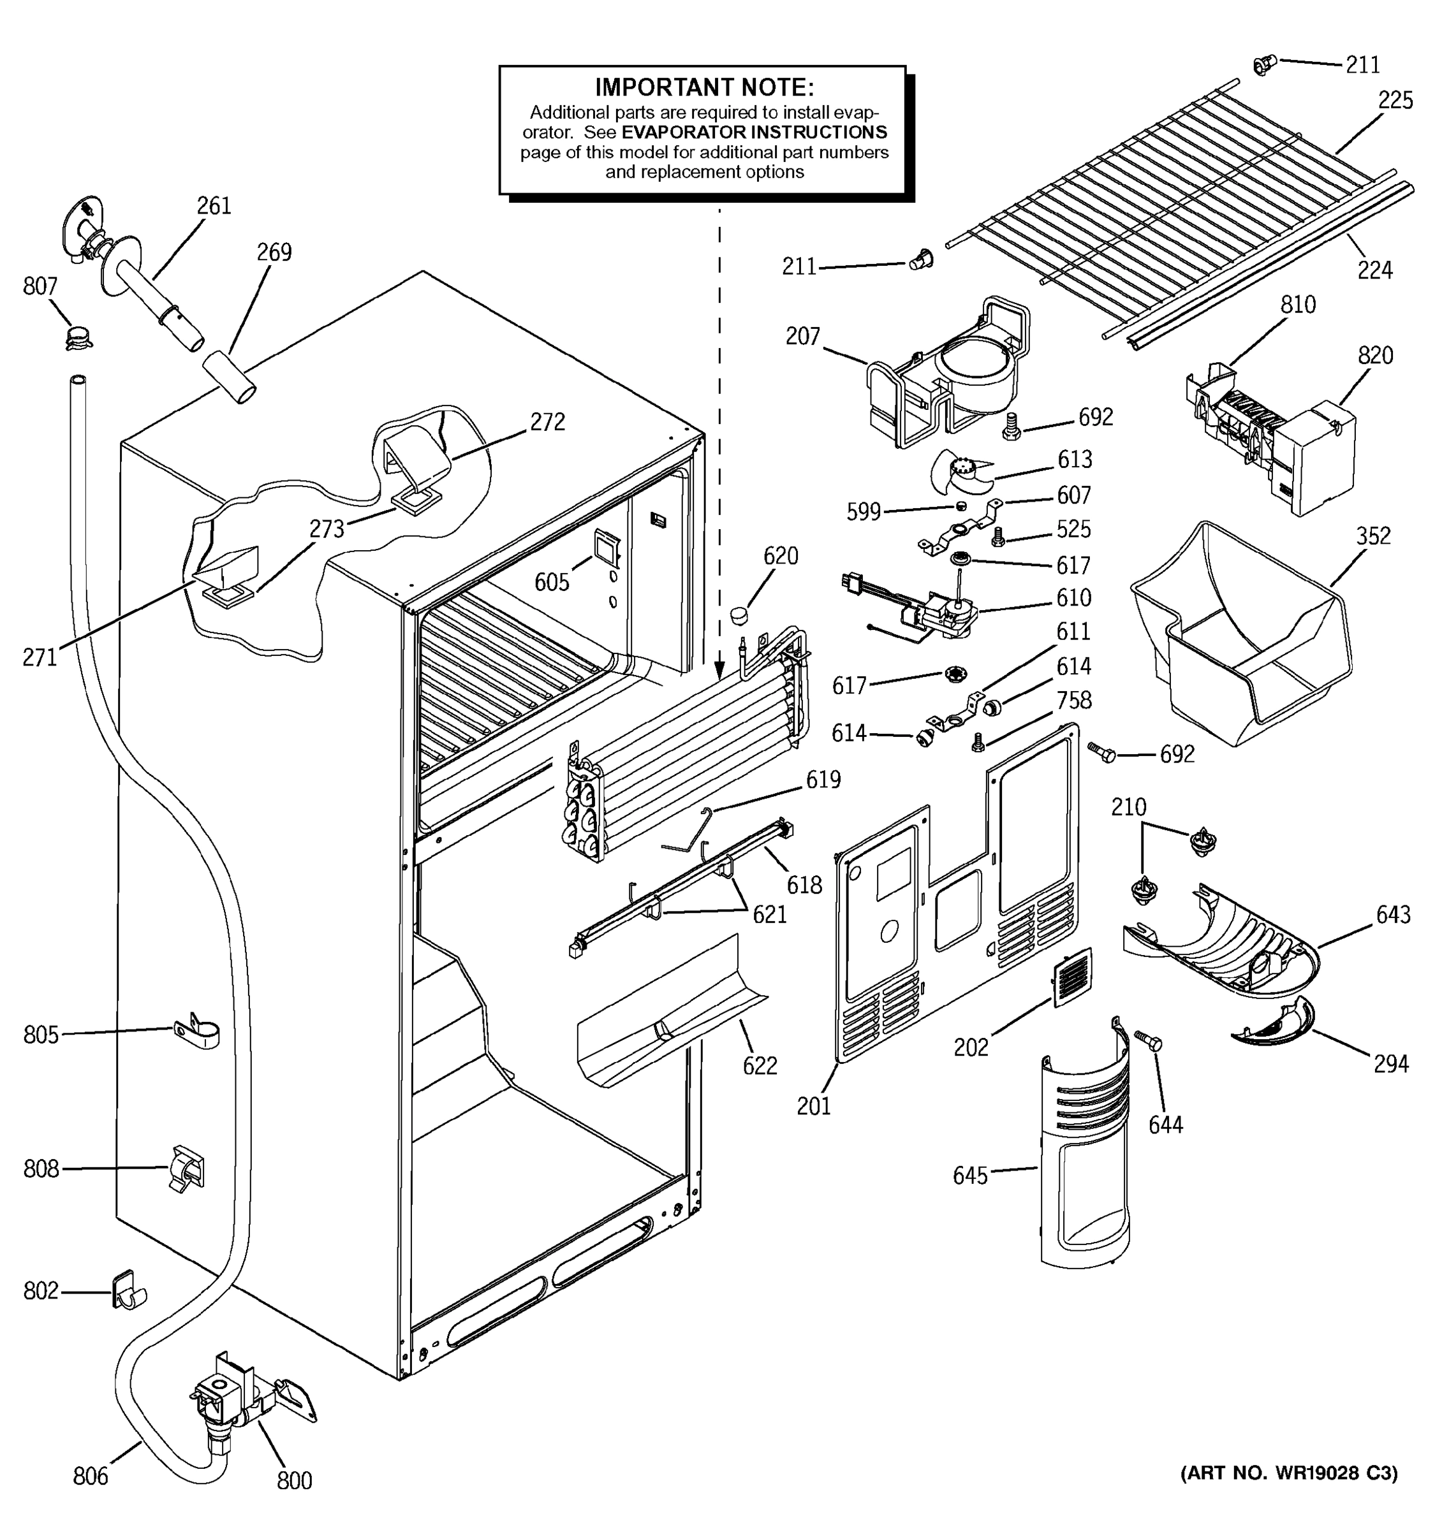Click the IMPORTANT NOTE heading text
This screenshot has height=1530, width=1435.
click(703, 87)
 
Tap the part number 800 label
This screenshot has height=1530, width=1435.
click(294, 1480)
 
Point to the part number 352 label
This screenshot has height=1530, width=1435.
click(1373, 535)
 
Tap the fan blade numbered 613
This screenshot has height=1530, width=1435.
click(960, 472)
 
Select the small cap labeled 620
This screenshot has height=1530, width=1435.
click(740, 615)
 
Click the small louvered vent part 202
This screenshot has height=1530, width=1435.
click(1071, 978)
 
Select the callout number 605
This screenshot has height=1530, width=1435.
click(552, 583)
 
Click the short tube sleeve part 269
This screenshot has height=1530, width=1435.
click(229, 375)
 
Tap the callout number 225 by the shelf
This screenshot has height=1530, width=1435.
click(1395, 101)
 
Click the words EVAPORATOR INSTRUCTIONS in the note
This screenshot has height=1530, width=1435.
click(754, 133)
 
